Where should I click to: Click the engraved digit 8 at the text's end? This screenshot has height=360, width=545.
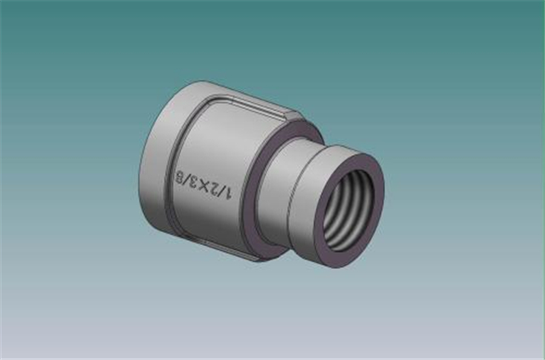[x=180, y=177]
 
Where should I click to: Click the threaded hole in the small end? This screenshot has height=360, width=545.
[x=348, y=210]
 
